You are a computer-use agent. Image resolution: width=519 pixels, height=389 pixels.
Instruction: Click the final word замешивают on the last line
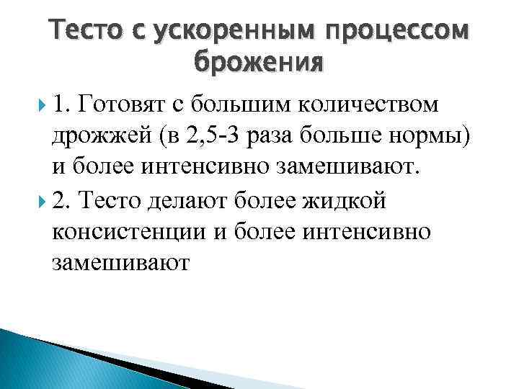(120, 265)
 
